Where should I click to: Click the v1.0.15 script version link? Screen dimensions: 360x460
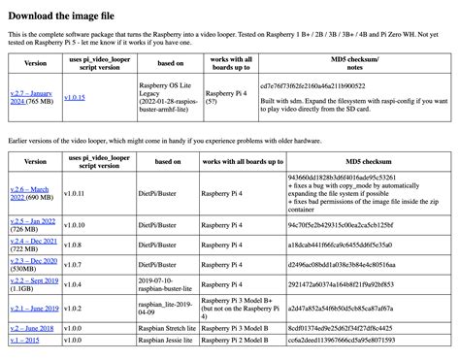(75, 96)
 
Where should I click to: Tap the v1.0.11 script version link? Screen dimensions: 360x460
(75, 191)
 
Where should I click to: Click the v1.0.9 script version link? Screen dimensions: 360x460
(73, 225)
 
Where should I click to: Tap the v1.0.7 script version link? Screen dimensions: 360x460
(73, 263)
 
